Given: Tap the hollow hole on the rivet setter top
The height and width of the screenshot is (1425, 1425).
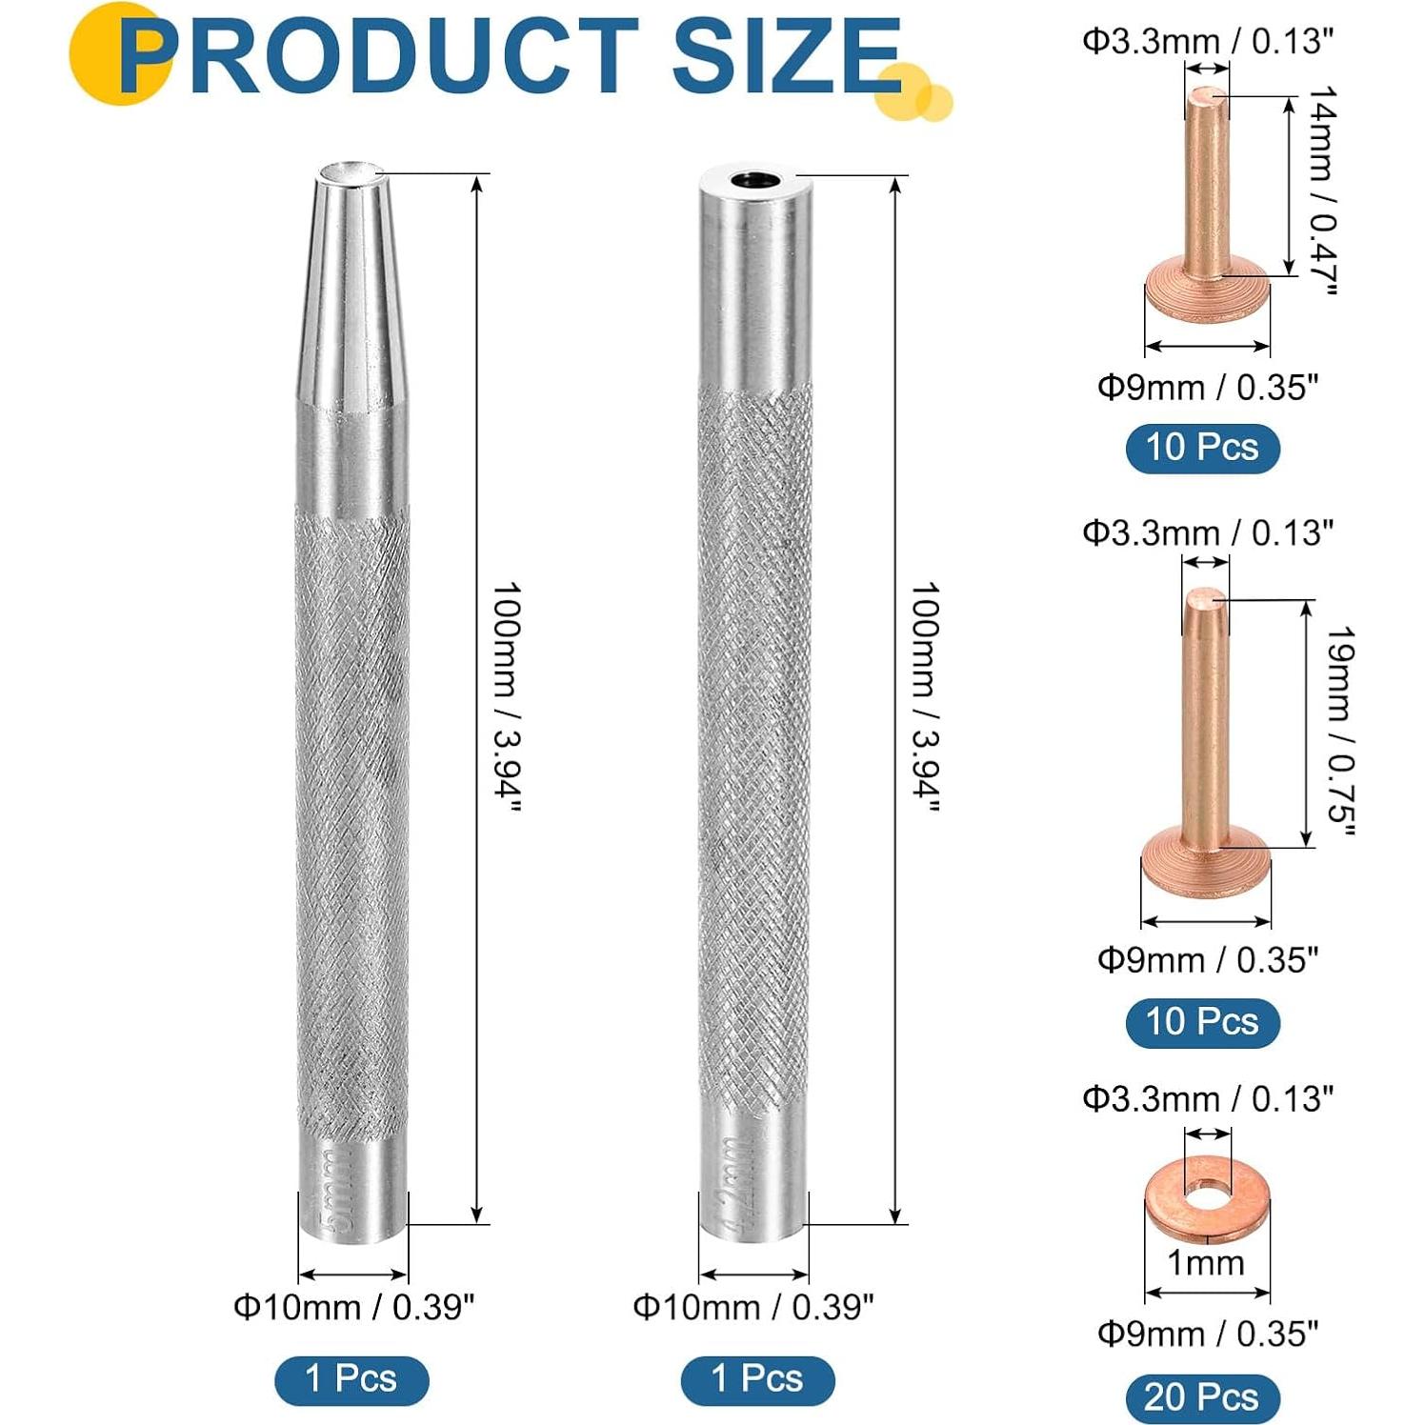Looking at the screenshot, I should pyautogui.click(x=754, y=179).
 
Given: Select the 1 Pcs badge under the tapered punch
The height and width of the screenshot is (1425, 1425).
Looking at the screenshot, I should pyautogui.click(x=351, y=1379).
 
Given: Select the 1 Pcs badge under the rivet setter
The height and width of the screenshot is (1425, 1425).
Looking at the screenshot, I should pyautogui.click(x=757, y=1379).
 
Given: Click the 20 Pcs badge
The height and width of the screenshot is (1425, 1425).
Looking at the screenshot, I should pyautogui.click(x=1201, y=1397).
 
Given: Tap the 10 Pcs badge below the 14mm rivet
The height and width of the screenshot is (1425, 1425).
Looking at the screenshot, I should pyautogui.click(x=1202, y=448).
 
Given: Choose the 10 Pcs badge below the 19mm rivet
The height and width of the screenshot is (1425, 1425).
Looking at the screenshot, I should pyautogui.click(x=1202, y=1022).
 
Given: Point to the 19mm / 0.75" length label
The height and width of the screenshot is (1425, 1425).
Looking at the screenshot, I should pyautogui.click(x=1341, y=731).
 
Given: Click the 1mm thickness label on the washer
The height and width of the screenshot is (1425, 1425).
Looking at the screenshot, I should pyautogui.click(x=1206, y=1263).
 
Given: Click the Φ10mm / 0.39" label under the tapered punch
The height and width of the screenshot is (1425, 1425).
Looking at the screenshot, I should pyautogui.click(x=353, y=1308).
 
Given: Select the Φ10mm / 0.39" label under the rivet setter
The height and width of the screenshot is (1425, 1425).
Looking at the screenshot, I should pyautogui.click(x=753, y=1308).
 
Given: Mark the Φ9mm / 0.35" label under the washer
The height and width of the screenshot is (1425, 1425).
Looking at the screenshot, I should pyautogui.click(x=1207, y=1334).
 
